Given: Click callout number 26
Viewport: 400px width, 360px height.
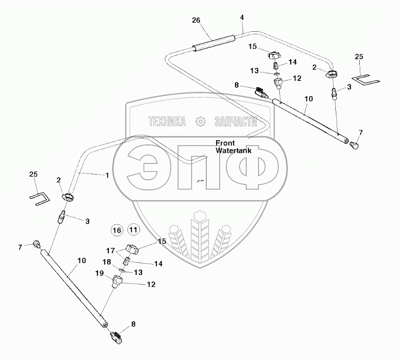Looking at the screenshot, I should tap(195, 20).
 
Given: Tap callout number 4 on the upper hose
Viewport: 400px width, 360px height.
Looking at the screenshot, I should tap(242, 18).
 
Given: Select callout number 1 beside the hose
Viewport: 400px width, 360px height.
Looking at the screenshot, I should tap(107, 175).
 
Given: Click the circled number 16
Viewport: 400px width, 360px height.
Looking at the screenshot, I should tap(117, 230).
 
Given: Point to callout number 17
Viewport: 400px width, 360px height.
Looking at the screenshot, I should tap(111, 250).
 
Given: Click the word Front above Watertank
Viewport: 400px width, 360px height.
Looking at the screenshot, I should tap(225, 142).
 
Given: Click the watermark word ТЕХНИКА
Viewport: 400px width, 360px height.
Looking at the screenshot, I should tap(167, 121).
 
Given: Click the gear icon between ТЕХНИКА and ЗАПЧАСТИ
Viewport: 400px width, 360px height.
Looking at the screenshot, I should tap(200, 121).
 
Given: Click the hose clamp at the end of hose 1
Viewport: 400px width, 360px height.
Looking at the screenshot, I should tap(68, 197).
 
